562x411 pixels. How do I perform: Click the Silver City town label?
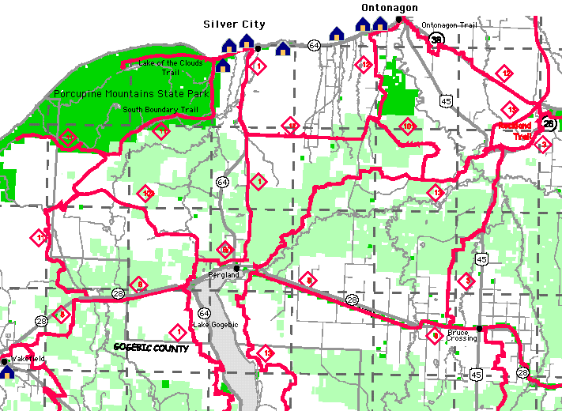pos(234,25)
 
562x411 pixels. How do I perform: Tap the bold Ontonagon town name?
pos(389,8)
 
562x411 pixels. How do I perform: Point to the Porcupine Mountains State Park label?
pos(131,93)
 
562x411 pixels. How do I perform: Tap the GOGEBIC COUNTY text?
pos(151,348)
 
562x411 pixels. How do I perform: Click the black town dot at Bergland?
pos(236,268)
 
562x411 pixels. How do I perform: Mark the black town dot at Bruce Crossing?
pos(480,328)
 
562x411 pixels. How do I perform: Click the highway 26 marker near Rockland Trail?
pos(550,124)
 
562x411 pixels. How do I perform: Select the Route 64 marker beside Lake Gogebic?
pos(204,313)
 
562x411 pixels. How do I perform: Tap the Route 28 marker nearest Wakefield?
pos(41,321)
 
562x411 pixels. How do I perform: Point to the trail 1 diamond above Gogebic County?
pos(179,331)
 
